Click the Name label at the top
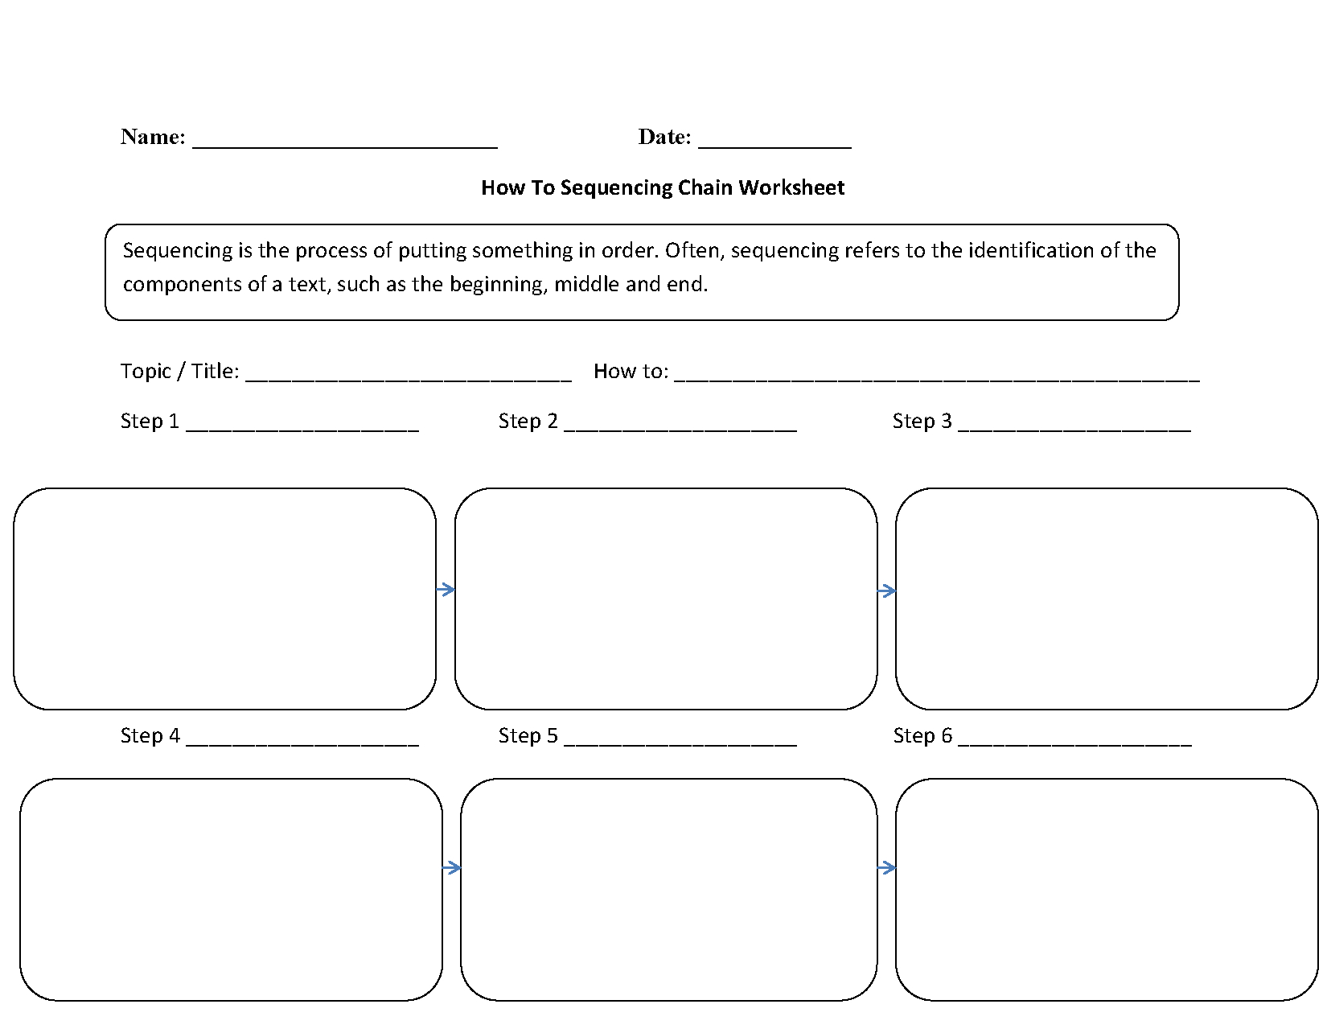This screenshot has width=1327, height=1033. (153, 137)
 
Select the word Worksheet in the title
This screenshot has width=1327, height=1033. (791, 187)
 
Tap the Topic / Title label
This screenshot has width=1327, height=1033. (179, 371)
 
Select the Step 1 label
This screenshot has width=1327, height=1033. (150, 421)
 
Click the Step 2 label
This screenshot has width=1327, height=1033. (528, 421)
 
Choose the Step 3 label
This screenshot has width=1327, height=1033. (922, 421)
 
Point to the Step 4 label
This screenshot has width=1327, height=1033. (150, 735)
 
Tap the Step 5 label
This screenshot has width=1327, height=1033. (528, 735)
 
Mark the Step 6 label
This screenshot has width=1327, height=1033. (922, 735)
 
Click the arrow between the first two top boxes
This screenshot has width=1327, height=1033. (446, 590)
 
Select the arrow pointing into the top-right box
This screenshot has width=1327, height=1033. (886, 591)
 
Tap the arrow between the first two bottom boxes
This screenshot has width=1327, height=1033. (451, 867)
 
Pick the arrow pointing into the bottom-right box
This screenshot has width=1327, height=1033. (886, 867)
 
